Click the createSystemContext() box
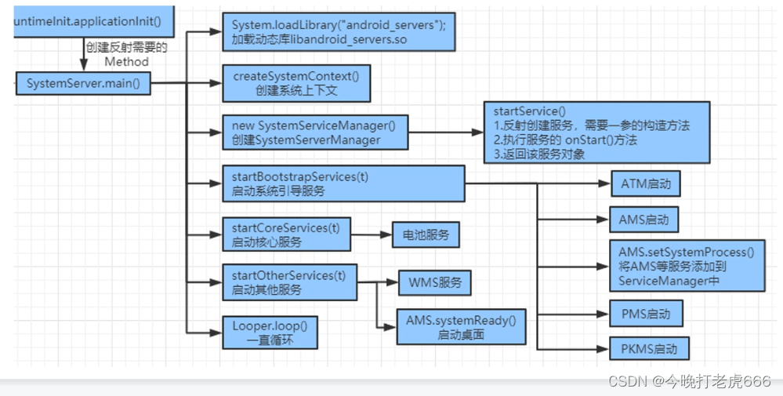coord(295,83)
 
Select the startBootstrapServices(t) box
coord(343,184)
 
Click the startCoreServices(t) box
coord(285,234)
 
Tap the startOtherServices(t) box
coord(288,282)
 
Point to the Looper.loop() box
coord(268,332)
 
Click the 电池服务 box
coord(426,235)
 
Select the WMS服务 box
coord(435,283)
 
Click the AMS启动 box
coord(643,220)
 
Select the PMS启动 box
coord(645,314)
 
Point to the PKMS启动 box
coord(648,348)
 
